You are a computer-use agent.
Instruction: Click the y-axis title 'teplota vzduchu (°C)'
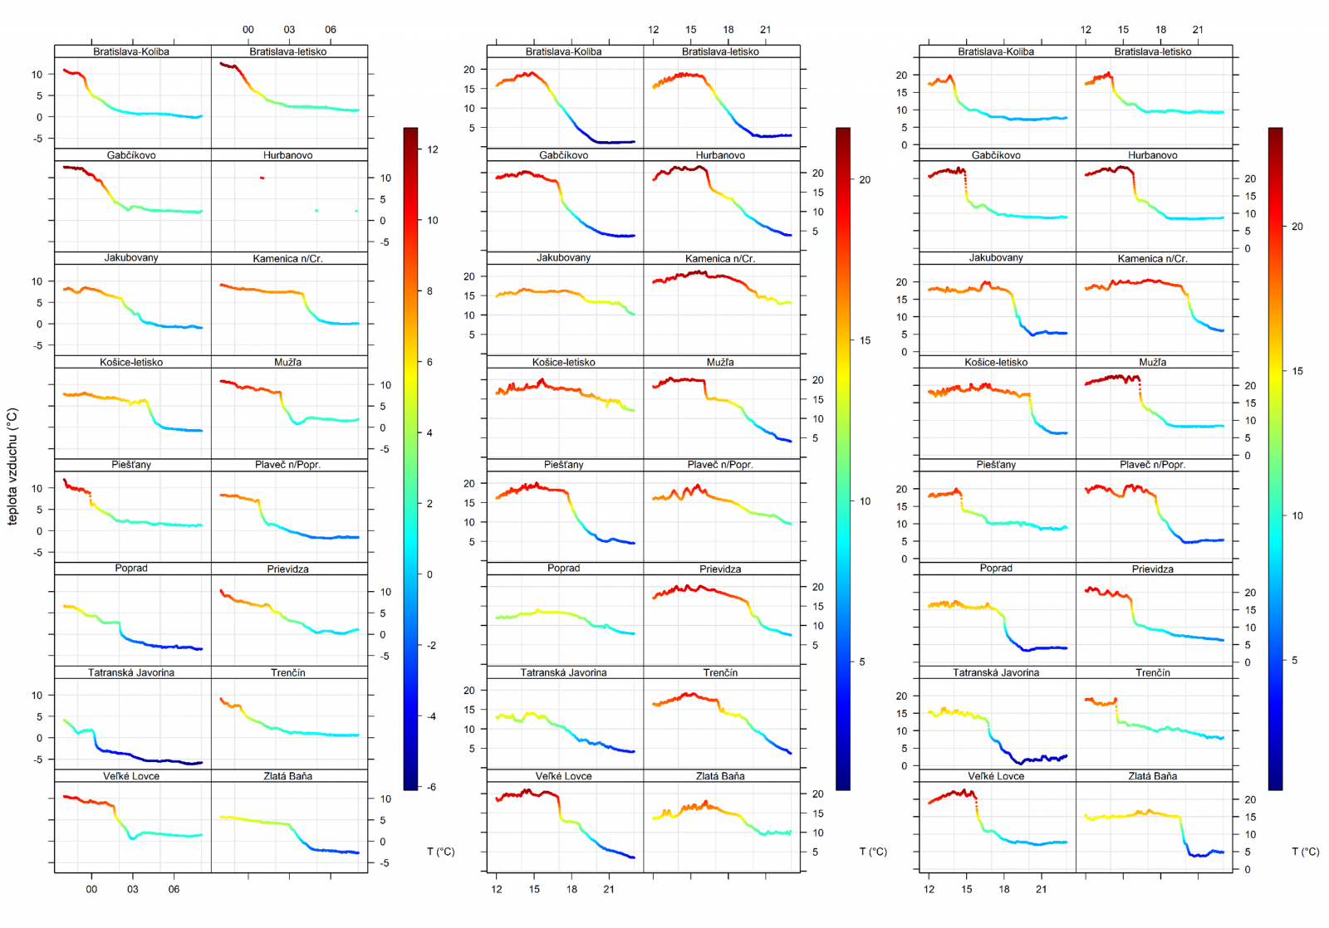coord(12,466)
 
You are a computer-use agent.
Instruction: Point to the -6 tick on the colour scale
coord(431,787)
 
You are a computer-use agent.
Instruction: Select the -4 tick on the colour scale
coord(431,716)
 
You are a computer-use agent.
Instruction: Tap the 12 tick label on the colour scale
coord(432,149)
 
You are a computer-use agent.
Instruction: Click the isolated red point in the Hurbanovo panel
coord(262,178)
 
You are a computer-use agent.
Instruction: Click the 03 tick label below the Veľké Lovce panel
coord(133,889)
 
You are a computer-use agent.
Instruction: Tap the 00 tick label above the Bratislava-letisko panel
coord(248,30)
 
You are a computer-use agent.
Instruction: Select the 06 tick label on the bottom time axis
coord(174,889)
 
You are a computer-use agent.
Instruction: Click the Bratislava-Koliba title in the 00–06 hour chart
coord(131,51)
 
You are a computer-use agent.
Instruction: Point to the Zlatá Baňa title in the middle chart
coord(720,776)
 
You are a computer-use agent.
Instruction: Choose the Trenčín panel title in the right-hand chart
coord(1153,672)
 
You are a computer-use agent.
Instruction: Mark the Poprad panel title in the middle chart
coord(563,569)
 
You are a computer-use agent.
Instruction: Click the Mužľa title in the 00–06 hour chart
coord(287,362)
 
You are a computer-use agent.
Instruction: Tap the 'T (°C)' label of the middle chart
coord(873,852)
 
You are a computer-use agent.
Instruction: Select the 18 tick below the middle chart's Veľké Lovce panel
coord(571,889)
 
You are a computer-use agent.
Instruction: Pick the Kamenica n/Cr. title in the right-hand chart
coord(1153,259)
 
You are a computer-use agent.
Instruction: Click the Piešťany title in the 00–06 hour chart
coord(131,465)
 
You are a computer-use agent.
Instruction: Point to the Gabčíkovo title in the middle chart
coord(563,155)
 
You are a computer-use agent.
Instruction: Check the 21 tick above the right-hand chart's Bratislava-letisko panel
coord(1198,30)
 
